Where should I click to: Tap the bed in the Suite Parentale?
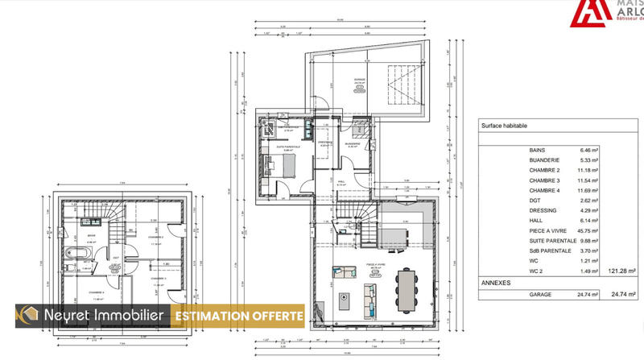coord(287,164)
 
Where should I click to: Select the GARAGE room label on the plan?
coord(360,80)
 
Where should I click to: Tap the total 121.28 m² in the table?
coord(621,271)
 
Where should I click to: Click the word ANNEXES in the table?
coord(496,283)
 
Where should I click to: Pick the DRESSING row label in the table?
coord(543,211)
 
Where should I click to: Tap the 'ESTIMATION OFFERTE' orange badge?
coord(239,317)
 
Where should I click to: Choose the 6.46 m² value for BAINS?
coord(591,151)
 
